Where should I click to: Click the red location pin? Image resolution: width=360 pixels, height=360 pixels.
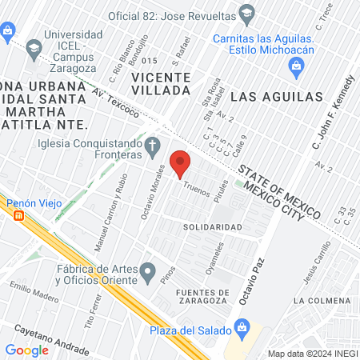pyautogui.click(x=180, y=162)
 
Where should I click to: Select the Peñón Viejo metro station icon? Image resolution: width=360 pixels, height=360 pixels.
pyautogui.click(x=18, y=215)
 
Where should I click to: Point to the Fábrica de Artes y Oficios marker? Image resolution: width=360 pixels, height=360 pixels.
pyautogui.click(x=147, y=274)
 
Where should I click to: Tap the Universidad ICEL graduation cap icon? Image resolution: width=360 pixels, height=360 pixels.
pyautogui.click(x=34, y=50)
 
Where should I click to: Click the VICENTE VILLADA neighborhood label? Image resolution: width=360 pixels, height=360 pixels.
pyautogui.click(x=162, y=84)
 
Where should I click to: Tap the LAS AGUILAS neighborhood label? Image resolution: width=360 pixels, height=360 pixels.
pyautogui.click(x=276, y=97)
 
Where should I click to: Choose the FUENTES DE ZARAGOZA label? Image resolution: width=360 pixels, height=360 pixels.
pyautogui.click(x=204, y=298)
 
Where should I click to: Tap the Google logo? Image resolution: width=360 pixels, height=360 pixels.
pyautogui.click(x=26, y=350)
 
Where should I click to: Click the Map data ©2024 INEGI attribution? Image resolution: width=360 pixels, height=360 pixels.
pyautogui.click(x=311, y=353)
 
